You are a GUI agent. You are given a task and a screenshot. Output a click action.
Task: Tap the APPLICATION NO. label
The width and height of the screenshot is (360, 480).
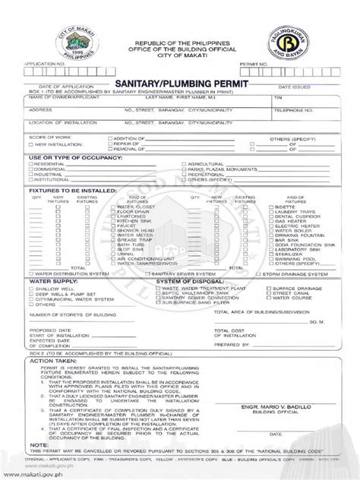point(46,65)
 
